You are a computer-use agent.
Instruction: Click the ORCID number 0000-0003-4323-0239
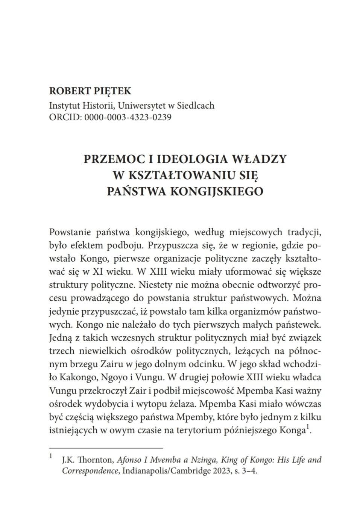click(128, 117)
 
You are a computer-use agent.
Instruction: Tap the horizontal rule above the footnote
click(106, 448)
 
